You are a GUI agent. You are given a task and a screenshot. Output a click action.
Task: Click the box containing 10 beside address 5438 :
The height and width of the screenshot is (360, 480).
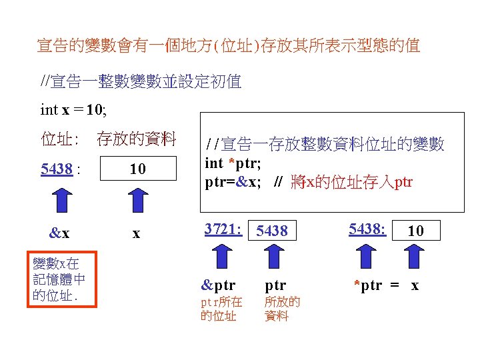pos(137,169)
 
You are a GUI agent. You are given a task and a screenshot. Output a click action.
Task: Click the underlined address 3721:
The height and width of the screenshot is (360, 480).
pos(222,229)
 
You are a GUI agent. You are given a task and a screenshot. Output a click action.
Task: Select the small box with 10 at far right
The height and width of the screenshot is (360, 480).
pos(415,230)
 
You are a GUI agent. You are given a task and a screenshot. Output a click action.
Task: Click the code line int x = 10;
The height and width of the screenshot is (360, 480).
pos(73,109)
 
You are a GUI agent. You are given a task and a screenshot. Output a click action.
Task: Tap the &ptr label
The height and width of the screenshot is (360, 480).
pos(218,285)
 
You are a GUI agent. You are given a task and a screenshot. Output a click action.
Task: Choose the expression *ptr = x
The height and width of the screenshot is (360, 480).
pos(386,285)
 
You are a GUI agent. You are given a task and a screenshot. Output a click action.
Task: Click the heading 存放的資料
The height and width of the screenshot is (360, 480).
pos(137,139)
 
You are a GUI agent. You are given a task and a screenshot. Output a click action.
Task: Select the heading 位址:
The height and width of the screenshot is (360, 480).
pos(60,139)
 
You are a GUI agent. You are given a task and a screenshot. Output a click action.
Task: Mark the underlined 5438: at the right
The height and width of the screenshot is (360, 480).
pos(367,229)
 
